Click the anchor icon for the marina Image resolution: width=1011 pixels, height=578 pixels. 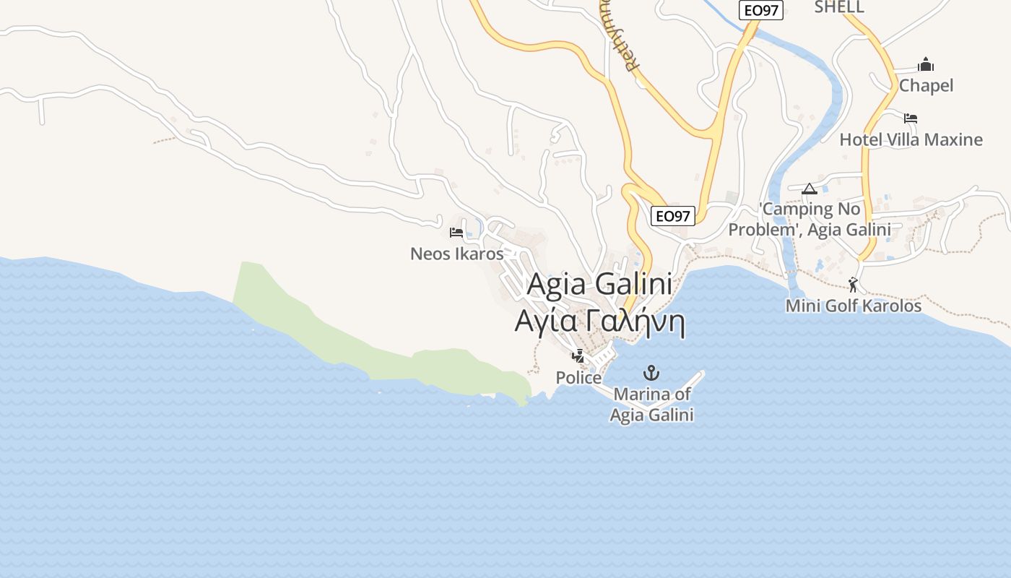pyautogui.click(x=651, y=373)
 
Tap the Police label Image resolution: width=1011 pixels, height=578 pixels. pyautogui.click(x=578, y=378)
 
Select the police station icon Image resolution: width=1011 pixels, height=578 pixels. pyautogui.click(x=578, y=355)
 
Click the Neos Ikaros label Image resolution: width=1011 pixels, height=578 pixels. pyautogui.click(x=456, y=254)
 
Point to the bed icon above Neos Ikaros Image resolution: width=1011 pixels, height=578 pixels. pyautogui.click(x=456, y=233)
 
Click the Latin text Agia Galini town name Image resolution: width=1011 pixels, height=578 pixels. pyautogui.click(x=599, y=284)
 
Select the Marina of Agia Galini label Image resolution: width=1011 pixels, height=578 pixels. pyautogui.click(x=651, y=405)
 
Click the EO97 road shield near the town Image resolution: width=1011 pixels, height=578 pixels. pyautogui.click(x=672, y=215)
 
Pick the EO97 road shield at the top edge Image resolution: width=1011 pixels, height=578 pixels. pyautogui.click(x=761, y=10)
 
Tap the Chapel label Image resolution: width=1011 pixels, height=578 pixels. pyautogui.click(x=926, y=85)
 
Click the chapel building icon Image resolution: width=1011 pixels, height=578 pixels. pyautogui.click(x=926, y=65)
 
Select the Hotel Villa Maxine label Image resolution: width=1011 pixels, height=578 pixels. pyautogui.click(x=911, y=139)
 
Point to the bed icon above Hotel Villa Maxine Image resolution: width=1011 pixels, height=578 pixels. pyautogui.click(x=910, y=118)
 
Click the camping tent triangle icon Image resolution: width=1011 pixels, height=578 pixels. pyautogui.click(x=809, y=189)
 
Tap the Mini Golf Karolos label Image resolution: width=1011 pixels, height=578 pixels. pyautogui.click(x=854, y=306)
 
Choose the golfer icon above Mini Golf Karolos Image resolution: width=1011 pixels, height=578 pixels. pyautogui.click(x=853, y=284)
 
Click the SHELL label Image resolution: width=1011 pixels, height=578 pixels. pyautogui.click(x=839, y=7)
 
